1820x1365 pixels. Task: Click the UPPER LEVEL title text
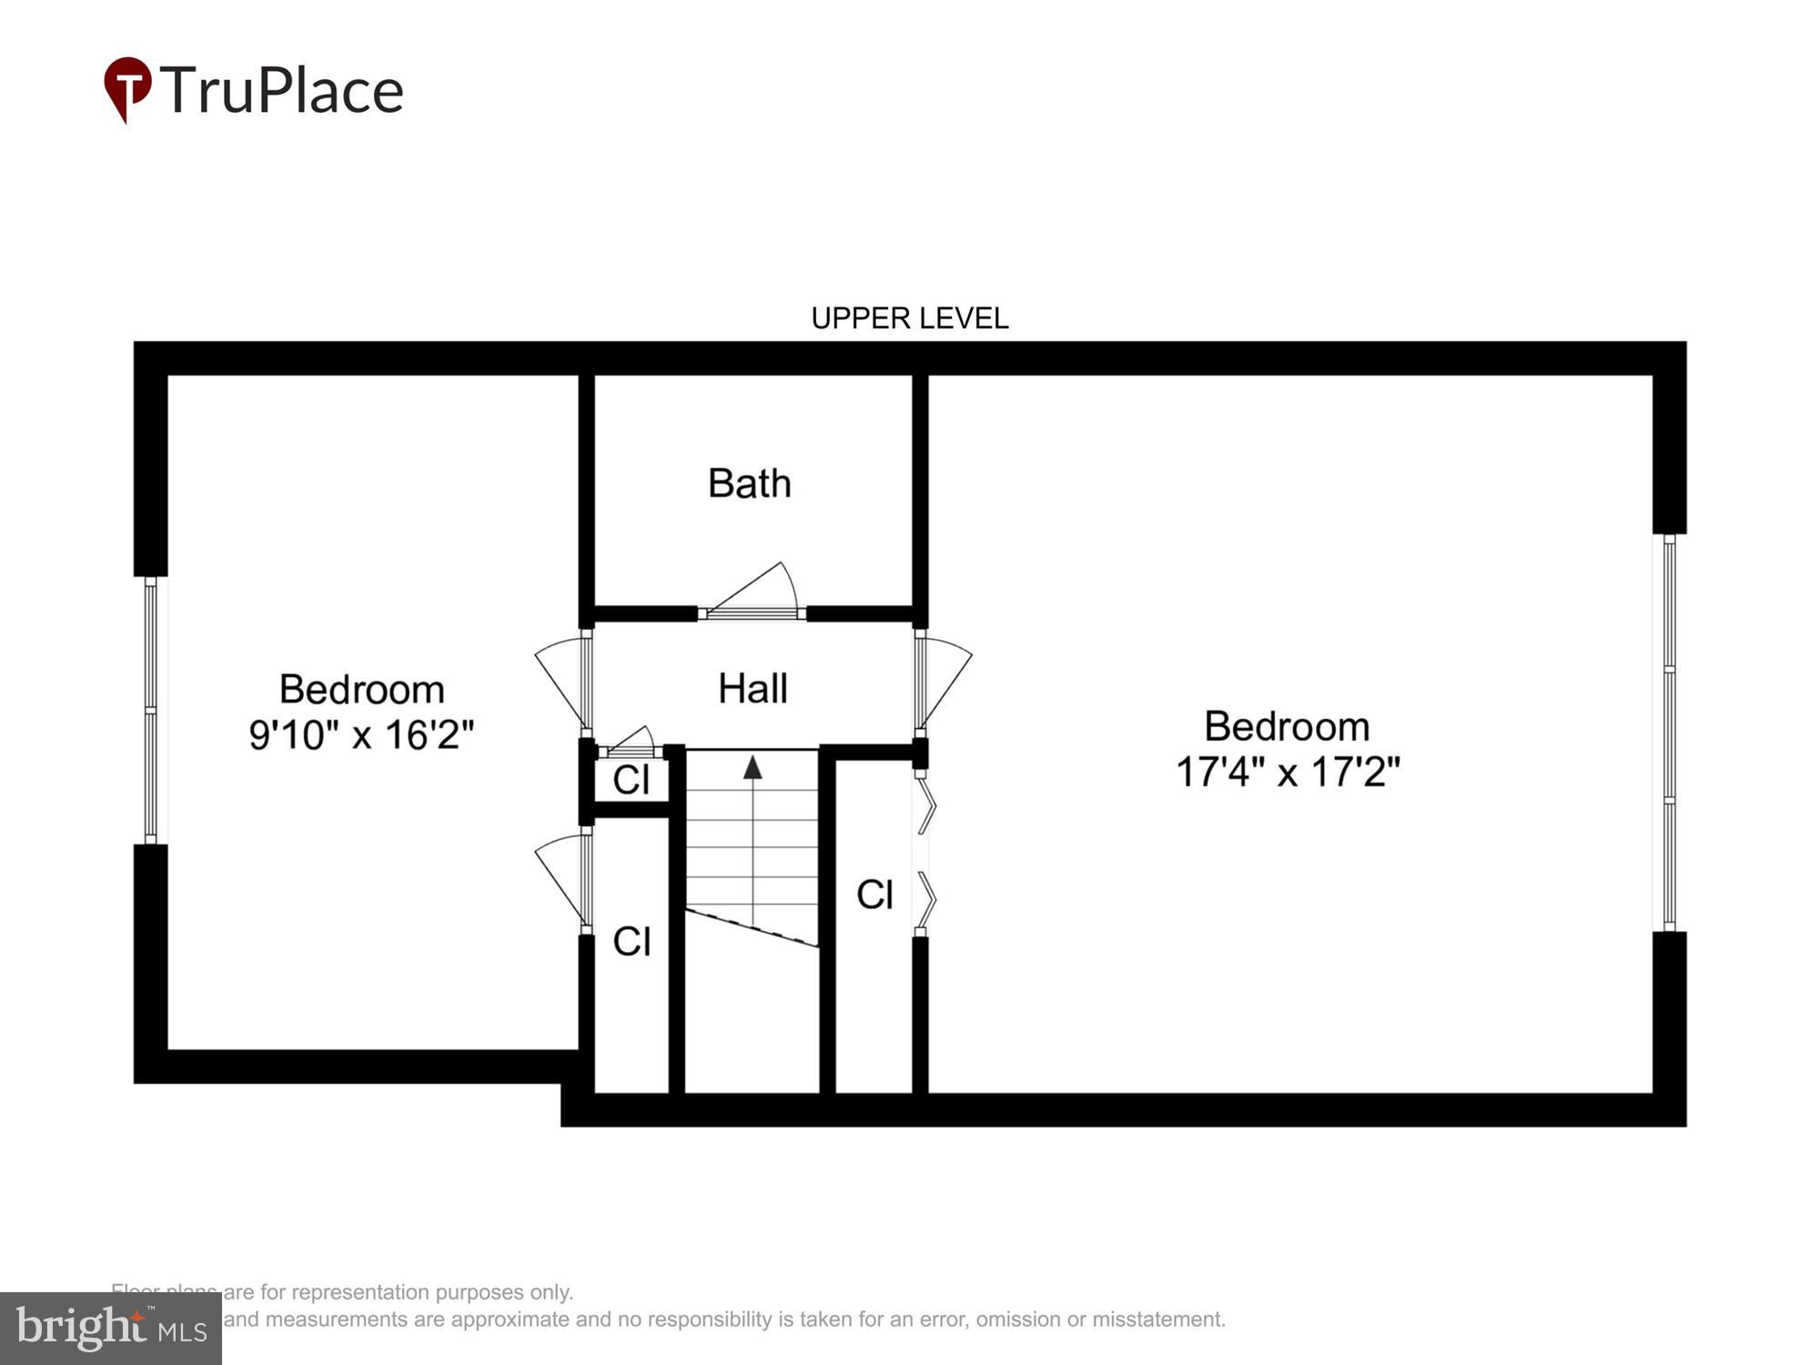pyautogui.click(x=909, y=318)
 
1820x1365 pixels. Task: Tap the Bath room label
pyautogui.click(x=749, y=483)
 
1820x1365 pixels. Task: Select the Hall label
pyautogui.click(x=753, y=689)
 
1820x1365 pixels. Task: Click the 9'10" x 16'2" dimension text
pyautogui.click(x=361, y=734)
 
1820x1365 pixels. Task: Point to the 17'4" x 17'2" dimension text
pyautogui.click(x=1287, y=772)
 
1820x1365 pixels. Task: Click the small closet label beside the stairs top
pyautogui.click(x=632, y=780)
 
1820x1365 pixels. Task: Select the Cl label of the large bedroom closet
pyautogui.click(x=875, y=895)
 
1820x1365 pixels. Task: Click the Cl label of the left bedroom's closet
pyautogui.click(x=632, y=941)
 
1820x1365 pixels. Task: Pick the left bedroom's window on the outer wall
pyautogui.click(x=150, y=710)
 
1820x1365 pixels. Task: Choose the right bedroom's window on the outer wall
pyautogui.click(x=1669, y=733)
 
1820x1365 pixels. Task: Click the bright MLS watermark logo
pyautogui.click(x=110, y=1329)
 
